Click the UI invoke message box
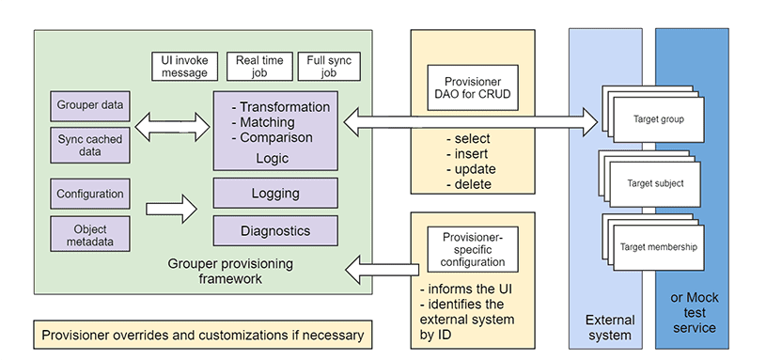point(185,67)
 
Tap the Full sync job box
point(328,67)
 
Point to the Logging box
point(275,194)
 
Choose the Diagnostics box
point(275,230)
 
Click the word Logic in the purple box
point(273,158)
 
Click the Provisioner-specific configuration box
point(467,249)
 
